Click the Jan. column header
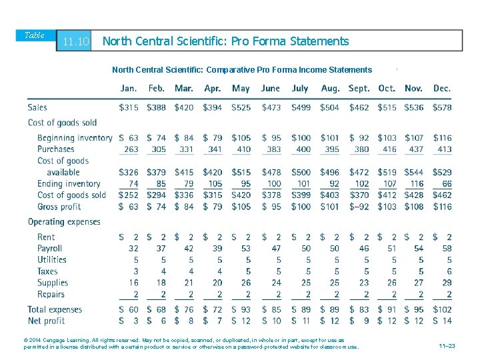pos(129,89)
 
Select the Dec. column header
pos(441,89)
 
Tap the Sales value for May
pos(241,107)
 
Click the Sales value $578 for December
pos(441,107)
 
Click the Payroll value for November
pos(418,248)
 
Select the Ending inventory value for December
pos(445,184)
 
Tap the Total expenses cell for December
pos(441,309)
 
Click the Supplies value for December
pos(446,283)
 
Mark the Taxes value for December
pos(449,271)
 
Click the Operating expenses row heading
pos(64,222)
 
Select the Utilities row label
pos(52,260)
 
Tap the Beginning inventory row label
pos(75,138)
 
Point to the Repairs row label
pos(51,295)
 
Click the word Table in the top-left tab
pos(35,35)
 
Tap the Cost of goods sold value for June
pos(271,195)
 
